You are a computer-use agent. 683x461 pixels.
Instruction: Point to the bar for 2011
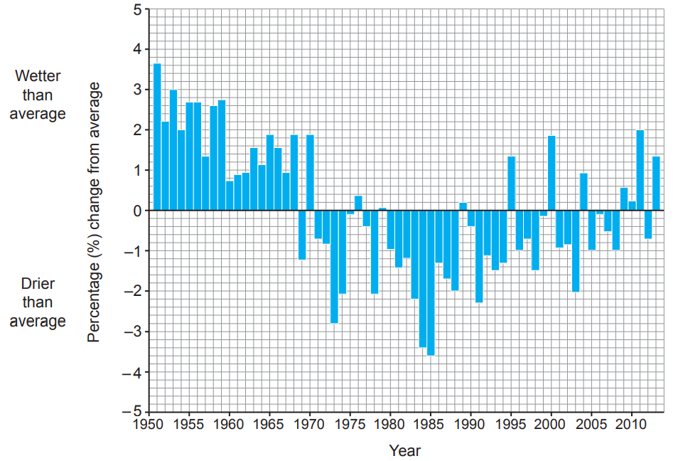[640, 170]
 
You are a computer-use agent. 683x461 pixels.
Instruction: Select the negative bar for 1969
[302, 235]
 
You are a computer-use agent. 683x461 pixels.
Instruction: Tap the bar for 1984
[423, 278]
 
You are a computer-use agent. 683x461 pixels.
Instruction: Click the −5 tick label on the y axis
[132, 412]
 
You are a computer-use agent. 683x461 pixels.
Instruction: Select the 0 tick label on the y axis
[136, 211]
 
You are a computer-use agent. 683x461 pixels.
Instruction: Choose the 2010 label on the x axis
[631, 425]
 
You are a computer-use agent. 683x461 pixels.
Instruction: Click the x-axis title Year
[405, 450]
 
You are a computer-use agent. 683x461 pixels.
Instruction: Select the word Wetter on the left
[38, 75]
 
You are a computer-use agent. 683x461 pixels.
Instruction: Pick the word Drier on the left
[38, 283]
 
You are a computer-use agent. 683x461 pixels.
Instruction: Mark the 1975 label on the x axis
[349, 425]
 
